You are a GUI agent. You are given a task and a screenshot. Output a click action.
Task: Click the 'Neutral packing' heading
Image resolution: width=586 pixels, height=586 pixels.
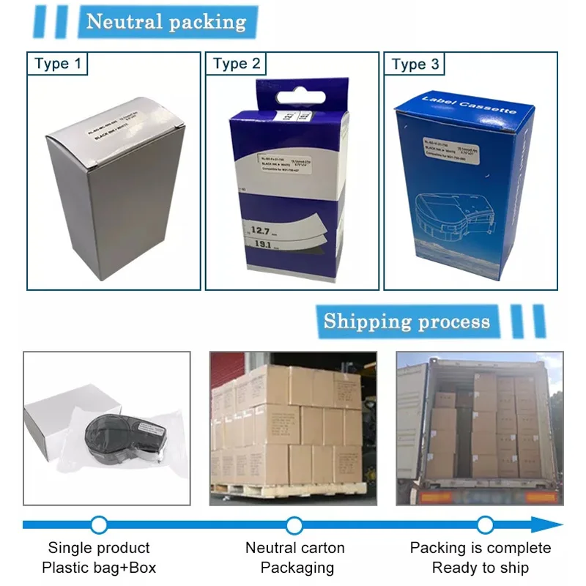point(166,21)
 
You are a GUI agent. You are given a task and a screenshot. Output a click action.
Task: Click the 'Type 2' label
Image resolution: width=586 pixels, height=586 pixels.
point(236,64)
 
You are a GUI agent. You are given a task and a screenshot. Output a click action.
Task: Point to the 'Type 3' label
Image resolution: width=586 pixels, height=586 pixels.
point(415,64)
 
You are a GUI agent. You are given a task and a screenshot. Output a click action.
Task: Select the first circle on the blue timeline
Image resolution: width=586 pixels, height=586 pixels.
point(99,524)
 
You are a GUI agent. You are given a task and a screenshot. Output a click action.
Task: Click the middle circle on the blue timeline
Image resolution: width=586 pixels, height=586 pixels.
point(294,524)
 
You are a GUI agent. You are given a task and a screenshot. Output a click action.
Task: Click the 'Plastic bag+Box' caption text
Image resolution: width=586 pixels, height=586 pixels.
point(99,568)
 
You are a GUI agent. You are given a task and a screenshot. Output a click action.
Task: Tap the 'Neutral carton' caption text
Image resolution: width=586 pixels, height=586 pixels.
point(294,548)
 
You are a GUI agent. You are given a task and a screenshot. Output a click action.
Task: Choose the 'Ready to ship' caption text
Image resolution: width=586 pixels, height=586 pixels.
point(480,568)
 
